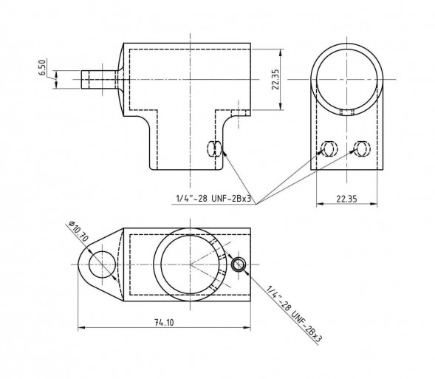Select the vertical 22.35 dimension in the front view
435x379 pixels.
click(275, 81)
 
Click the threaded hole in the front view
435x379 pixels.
click(215, 148)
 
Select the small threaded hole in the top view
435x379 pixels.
click(238, 264)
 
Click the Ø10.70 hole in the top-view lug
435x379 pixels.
click(101, 264)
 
